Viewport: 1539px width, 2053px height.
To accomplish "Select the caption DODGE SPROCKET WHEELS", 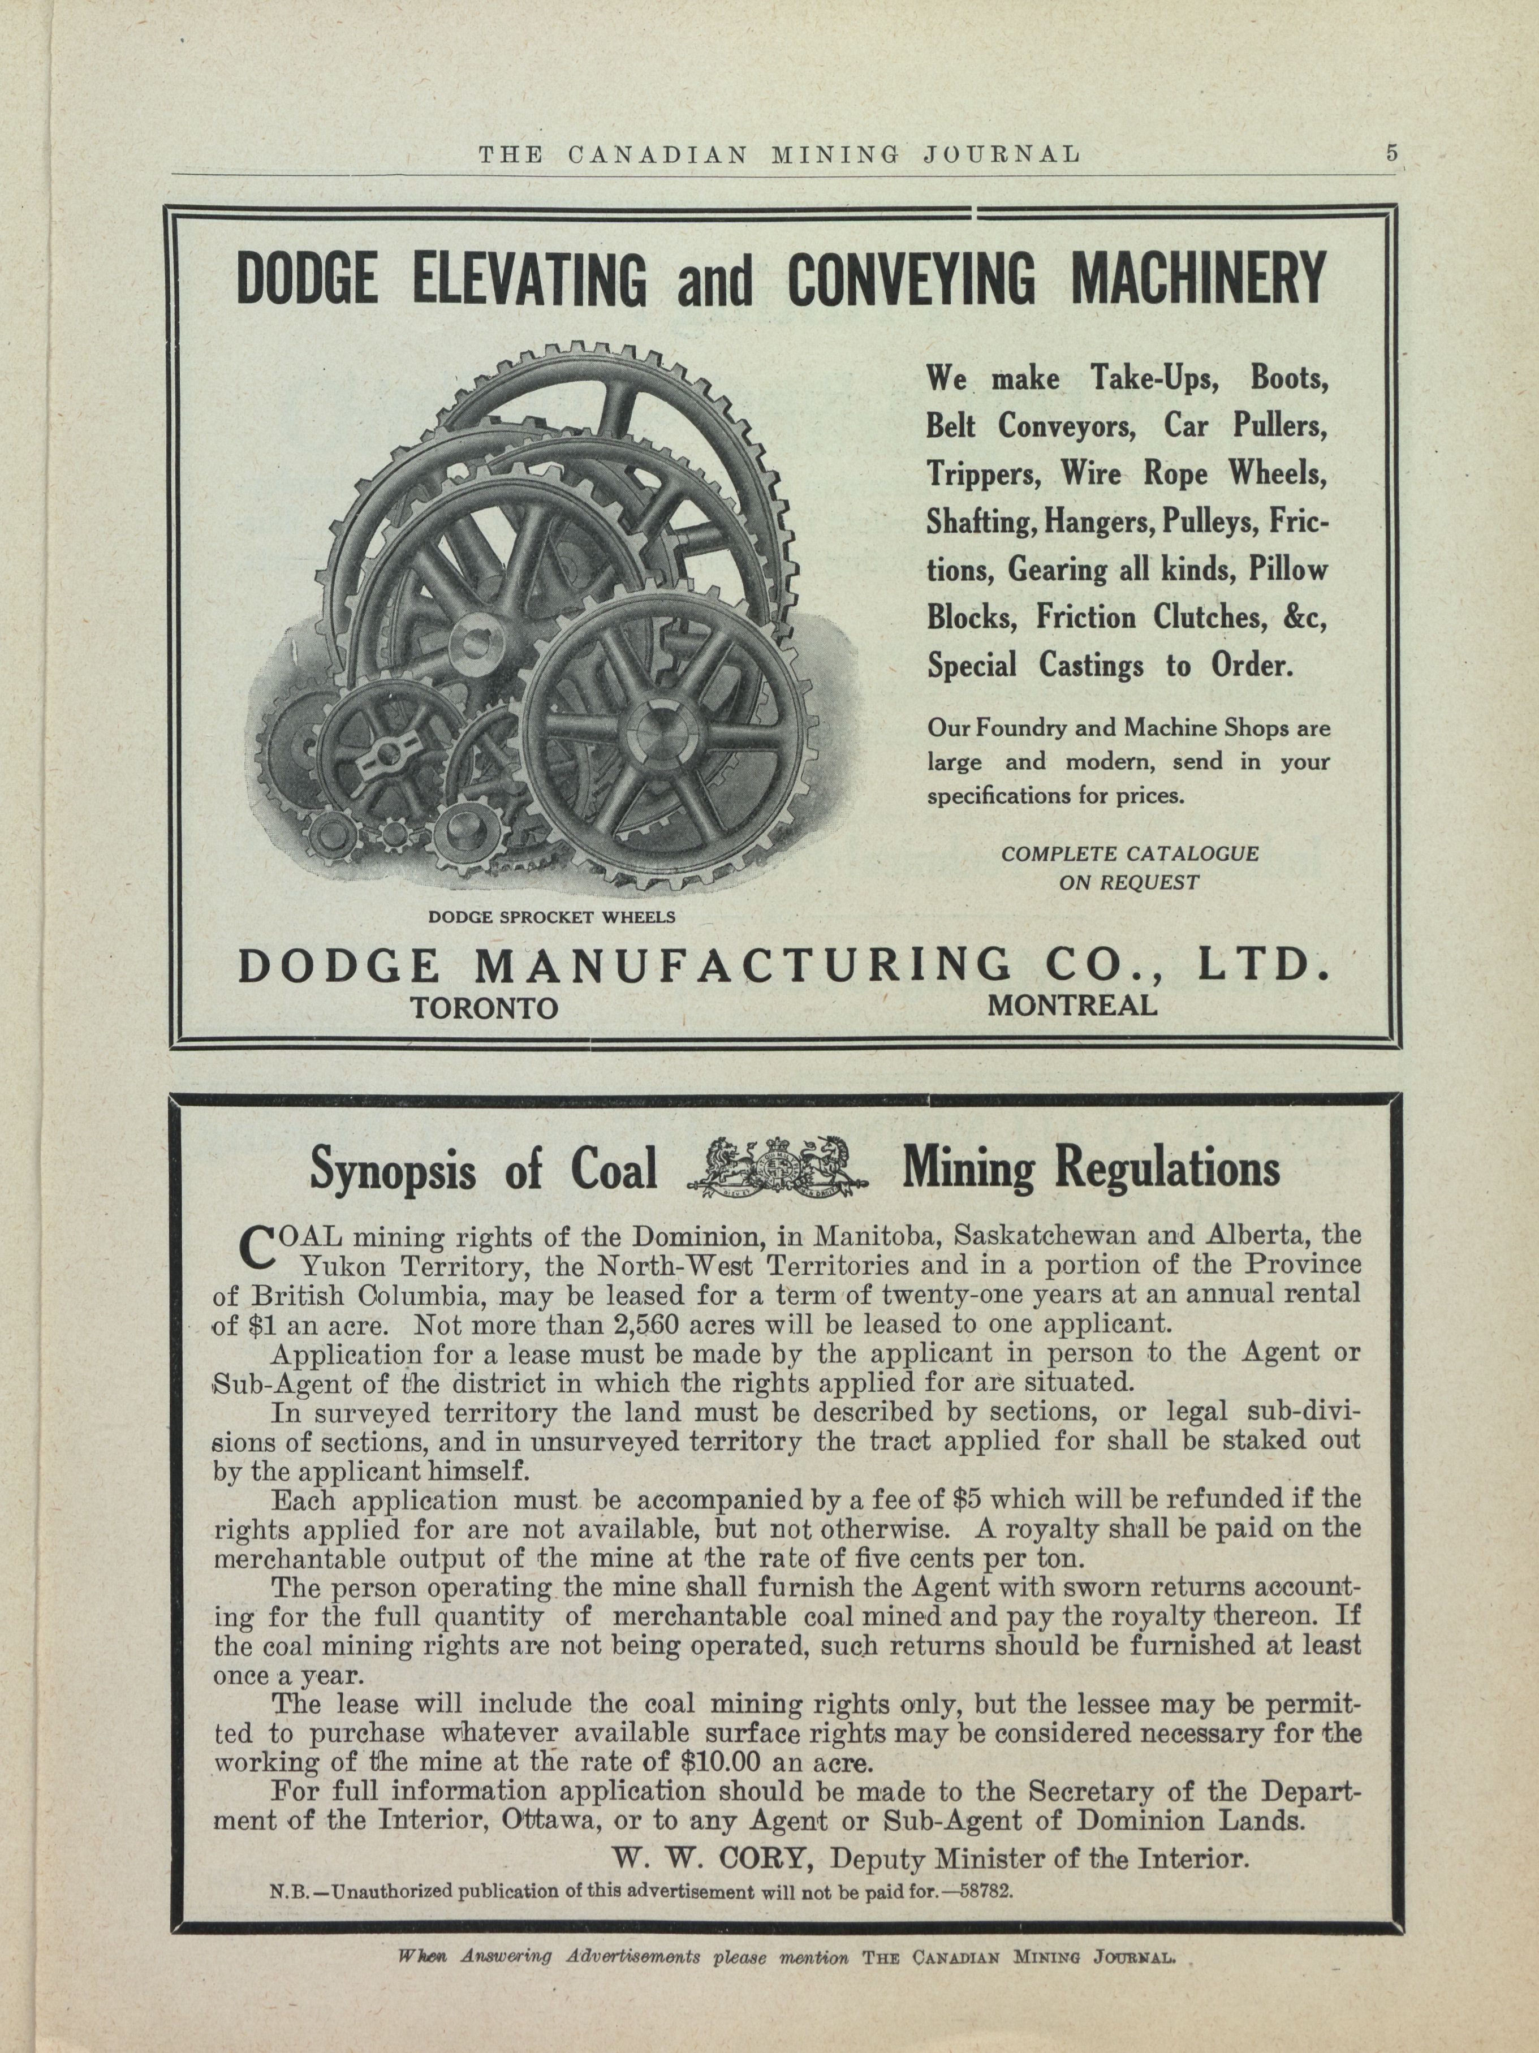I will click(551, 917).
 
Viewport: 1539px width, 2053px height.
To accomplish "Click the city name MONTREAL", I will click(1072, 1005).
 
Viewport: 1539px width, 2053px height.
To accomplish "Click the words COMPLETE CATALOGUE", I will click(1130, 853).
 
